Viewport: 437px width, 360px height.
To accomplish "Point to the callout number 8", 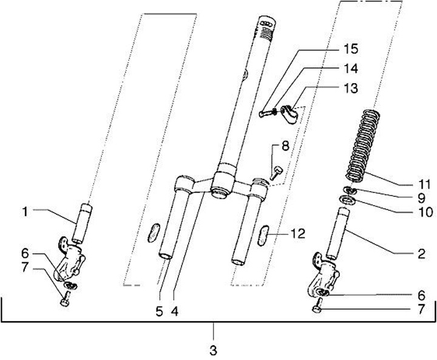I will coord(285,146).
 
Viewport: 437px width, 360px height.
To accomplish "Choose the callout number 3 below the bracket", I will coord(213,350).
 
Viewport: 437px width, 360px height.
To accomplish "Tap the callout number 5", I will coord(160,311).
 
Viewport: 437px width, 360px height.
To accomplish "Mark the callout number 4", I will coord(174,311).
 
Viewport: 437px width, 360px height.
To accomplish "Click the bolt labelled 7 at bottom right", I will coord(318,309).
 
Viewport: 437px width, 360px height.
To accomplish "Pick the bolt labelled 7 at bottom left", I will coord(66,300).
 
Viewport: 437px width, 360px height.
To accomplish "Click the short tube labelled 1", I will coord(83,222).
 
